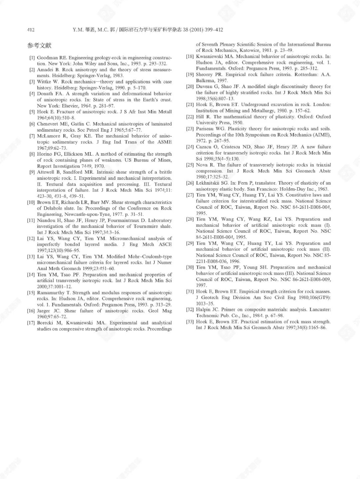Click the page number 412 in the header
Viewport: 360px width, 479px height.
(x=31, y=30)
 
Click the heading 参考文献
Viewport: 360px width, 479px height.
(x=39, y=45)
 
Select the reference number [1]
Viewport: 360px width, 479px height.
(x=32, y=58)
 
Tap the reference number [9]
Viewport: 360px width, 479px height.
(x=32, y=172)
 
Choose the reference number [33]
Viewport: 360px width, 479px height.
(x=190, y=322)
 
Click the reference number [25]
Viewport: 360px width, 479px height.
(x=190, y=165)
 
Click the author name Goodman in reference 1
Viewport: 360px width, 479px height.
(x=48, y=58)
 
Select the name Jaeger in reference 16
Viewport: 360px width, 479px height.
(x=45, y=311)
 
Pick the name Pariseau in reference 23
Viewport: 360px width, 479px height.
(x=206, y=129)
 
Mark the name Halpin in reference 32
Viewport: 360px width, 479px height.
(x=204, y=310)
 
